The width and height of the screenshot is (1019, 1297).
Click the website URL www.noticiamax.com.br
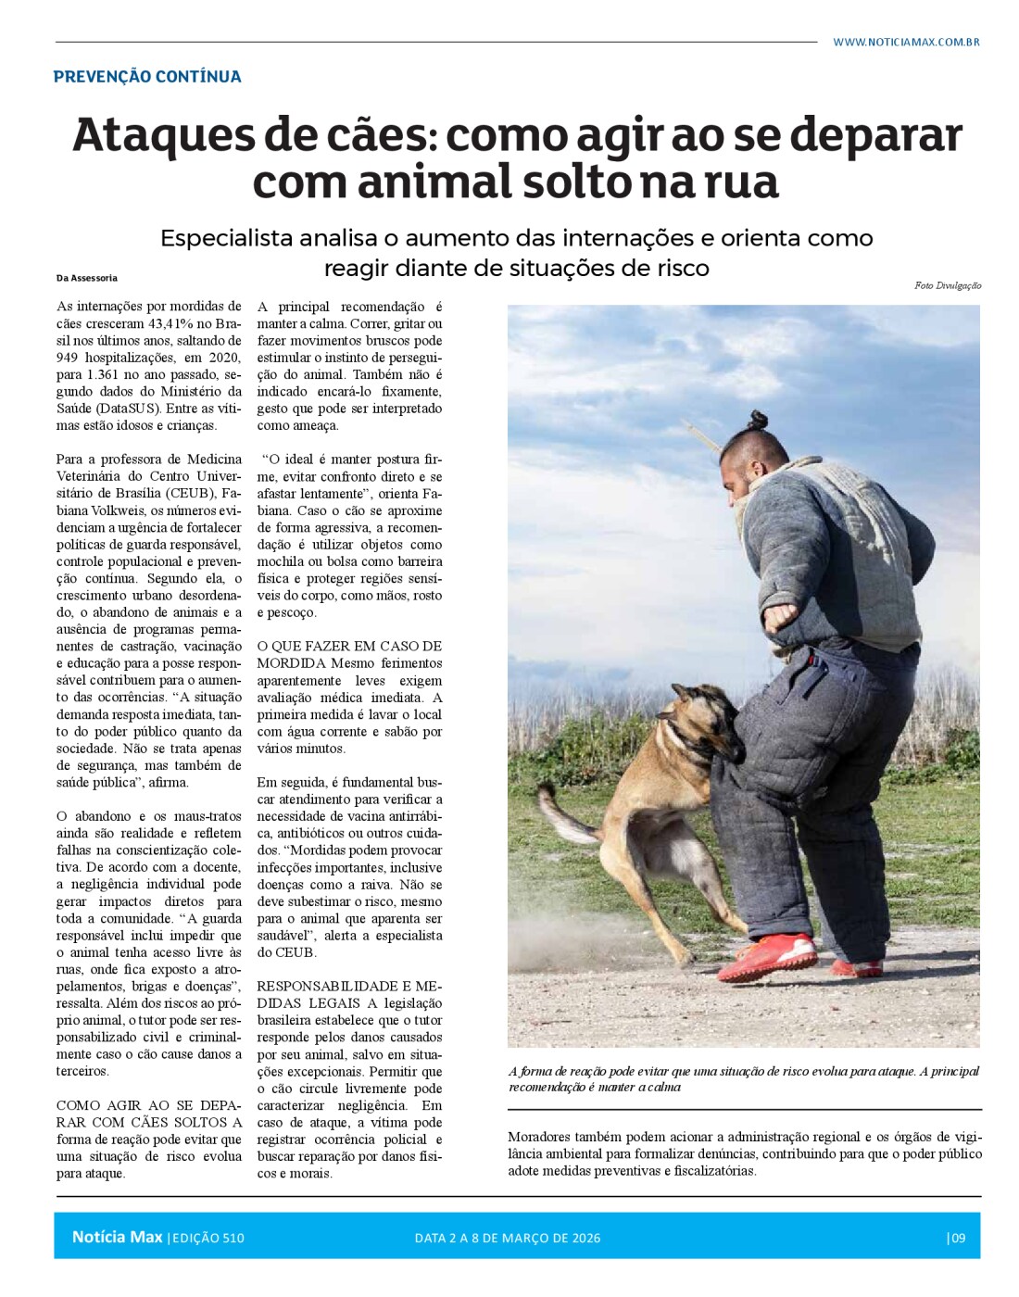coord(905,42)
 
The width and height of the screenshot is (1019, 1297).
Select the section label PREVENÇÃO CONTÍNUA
coord(147,77)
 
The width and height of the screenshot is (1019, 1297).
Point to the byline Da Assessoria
coord(87,278)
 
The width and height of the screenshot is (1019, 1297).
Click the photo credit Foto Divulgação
coord(947,285)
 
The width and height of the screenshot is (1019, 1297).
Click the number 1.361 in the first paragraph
coord(110,375)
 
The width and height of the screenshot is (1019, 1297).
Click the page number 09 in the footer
coord(957,1238)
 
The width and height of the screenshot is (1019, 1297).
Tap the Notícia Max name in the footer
coord(117,1237)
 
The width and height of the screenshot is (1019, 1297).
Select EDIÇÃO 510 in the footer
coord(208,1238)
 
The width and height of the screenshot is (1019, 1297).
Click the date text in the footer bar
coord(507,1238)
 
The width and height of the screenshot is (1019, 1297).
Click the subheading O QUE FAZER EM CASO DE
coord(349,646)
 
